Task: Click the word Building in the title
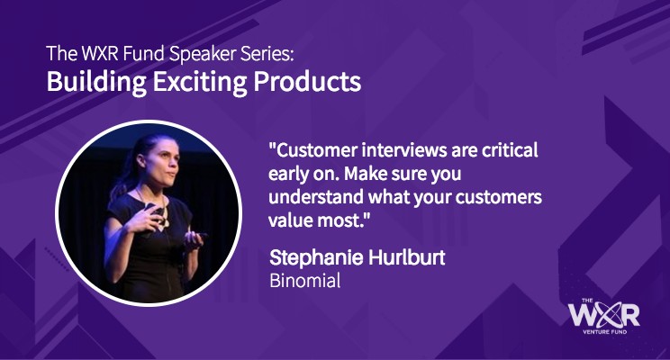[96, 82]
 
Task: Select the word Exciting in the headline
[200, 82]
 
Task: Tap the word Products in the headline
[307, 81]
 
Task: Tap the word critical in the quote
[510, 150]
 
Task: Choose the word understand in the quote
[316, 197]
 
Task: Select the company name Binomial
[305, 281]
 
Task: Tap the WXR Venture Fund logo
[604, 316]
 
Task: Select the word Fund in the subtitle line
[143, 53]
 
